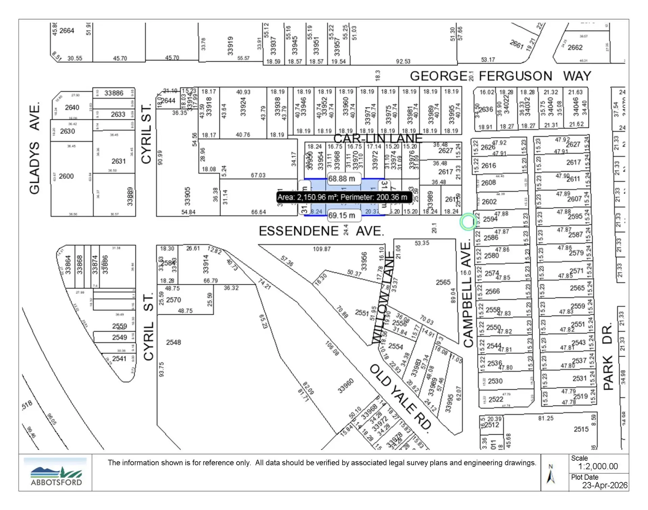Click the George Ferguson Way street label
point(500,76)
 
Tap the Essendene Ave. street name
point(321,231)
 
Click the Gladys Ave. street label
point(35,148)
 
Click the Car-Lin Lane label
point(378,138)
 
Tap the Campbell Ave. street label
point(467,294)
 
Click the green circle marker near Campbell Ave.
point(468,222)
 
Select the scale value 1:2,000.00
point(598,466)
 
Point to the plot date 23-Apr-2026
point(604,485)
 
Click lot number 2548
point(173,342)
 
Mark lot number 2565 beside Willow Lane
point(443,282)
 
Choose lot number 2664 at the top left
point(66,31)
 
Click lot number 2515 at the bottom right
point(581,429)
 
